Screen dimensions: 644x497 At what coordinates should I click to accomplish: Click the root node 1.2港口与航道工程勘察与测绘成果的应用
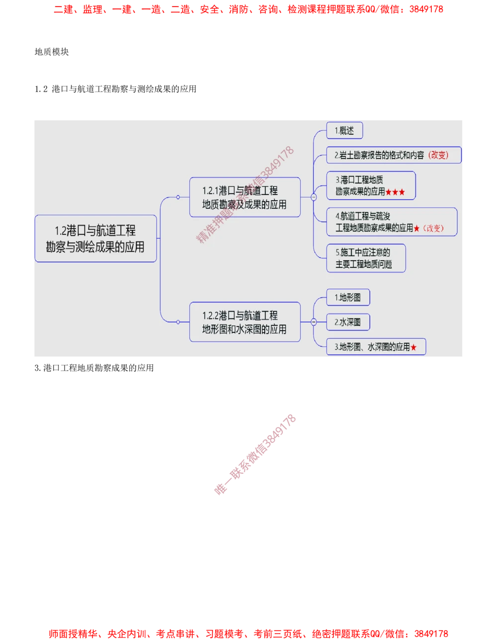pyautogui.click(x=95, y=238)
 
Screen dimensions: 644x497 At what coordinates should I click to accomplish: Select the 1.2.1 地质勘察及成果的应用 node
pyautogui.click(x=245, y=197)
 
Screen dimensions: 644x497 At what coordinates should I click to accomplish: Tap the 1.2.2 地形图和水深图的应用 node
pyautogui.click(x=245, y=322)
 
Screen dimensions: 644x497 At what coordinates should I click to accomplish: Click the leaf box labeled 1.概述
pyautogui.click(x=344, y=131)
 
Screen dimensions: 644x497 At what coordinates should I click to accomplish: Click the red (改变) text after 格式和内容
pyautogui.click(x=438, y=155)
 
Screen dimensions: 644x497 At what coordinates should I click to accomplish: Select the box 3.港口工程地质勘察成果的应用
pyautogui.click(x=370, y=186)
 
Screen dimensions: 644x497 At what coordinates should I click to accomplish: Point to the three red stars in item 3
pyautogui.click(x=395, y=192)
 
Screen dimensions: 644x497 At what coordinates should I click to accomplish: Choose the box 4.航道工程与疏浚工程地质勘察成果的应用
pyautogui.click(x=391, y=222)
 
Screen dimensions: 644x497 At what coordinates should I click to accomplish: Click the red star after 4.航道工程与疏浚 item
pyautogui.click(x=416, y=228)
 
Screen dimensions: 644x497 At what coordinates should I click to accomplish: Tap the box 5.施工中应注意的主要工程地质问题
pyautogui.click(x=365, y=258)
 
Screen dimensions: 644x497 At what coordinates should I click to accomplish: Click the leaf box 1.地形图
pyautogui.click(x=348, y=298)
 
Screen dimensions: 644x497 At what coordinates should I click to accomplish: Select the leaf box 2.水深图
pyautogui.click(x=348, y=322)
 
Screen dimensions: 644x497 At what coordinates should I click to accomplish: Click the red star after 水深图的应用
pyautogui.click(x=414, y=347)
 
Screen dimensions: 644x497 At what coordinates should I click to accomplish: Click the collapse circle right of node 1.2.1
pyautogui.click(x=314, y=197)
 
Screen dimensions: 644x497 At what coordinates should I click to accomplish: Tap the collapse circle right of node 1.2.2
pyautogui.click(x=314, y=322)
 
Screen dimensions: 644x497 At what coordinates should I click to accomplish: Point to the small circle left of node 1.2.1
pyautogui.click(x=178, y=197)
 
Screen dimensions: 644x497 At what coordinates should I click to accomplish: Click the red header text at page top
pyautogui.click(x=248, y=9)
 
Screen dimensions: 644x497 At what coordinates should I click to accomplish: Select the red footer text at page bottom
pyautogui.click(x=248, y=634)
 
